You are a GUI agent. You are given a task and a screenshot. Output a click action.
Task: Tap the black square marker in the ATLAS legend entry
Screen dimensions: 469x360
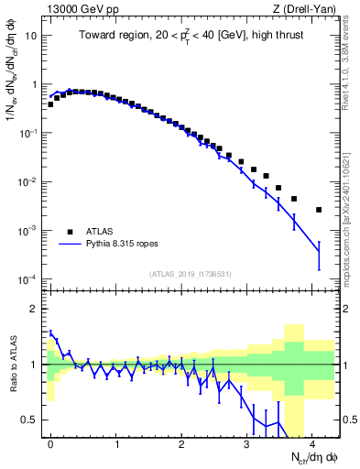[70, 232]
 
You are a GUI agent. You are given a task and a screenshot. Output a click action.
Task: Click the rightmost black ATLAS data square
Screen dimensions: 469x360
[319, 210]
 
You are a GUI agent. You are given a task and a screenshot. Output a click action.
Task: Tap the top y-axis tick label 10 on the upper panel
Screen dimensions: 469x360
[31, 36]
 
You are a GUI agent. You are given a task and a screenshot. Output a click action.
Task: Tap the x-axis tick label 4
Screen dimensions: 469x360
[312, 443]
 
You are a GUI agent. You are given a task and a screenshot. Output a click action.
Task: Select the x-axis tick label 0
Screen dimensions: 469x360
[50, 443]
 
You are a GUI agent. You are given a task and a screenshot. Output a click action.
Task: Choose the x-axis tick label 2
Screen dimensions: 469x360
[181, 443]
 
